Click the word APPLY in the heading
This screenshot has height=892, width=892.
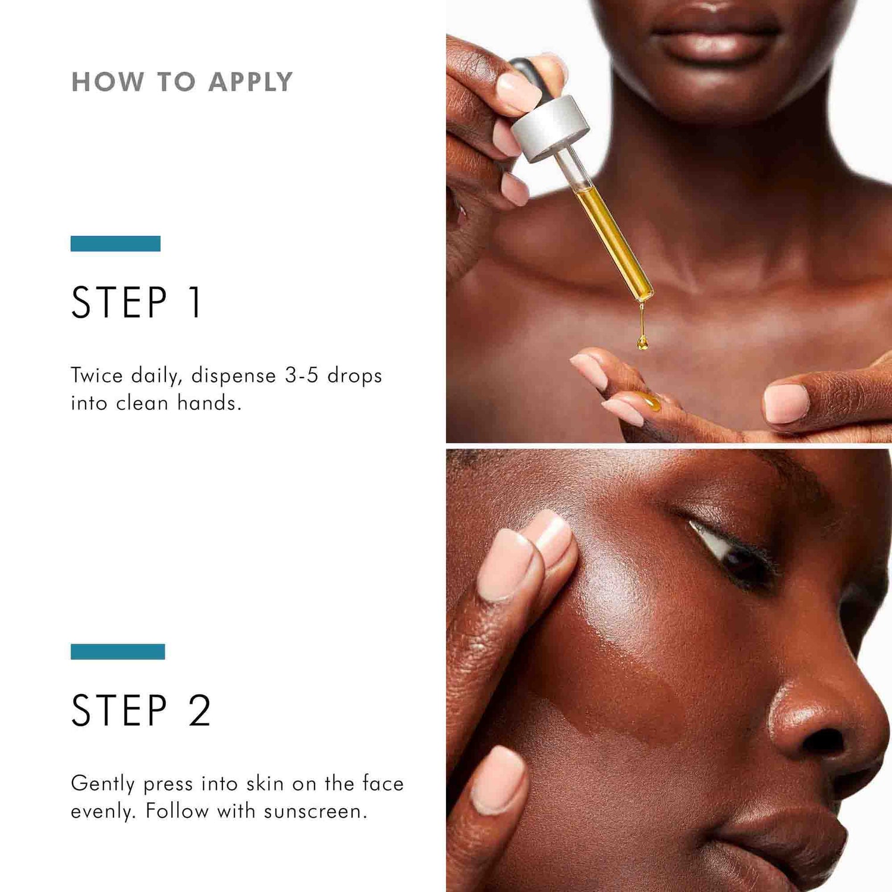[x=250, y=82]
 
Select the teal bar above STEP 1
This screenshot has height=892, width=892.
[x=115, y=244]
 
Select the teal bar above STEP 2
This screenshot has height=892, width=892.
[x=118, y=652]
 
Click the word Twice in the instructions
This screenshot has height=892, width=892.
[x=96, y=375]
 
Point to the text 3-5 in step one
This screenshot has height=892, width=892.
[x=301, y=375]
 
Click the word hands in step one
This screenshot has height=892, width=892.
[x=209, y=403]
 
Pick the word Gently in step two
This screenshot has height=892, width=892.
[x=102, y=784]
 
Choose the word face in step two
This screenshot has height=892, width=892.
[x=382, y=784]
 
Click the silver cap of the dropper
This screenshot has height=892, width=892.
[x=550, y=128]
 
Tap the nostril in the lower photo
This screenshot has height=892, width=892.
[x=824, y=741]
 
